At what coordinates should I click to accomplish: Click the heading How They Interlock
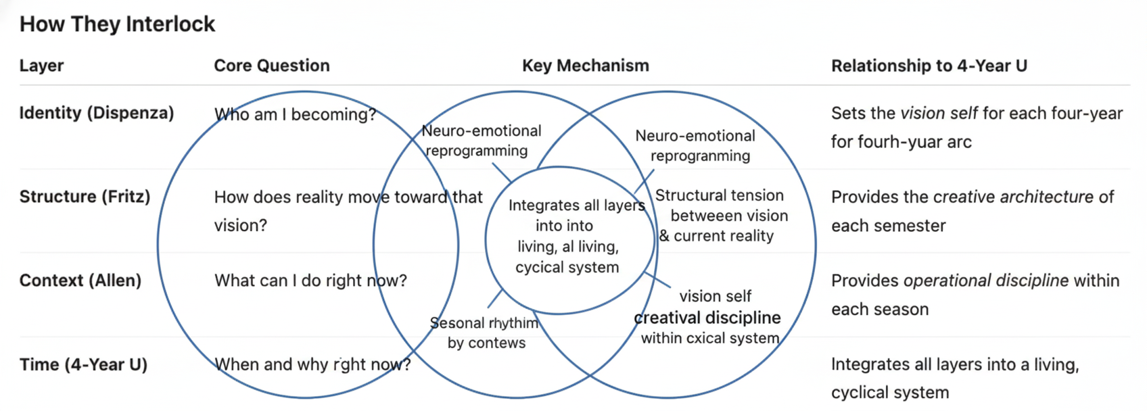point(117,24)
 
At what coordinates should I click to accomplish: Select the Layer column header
point(41,66)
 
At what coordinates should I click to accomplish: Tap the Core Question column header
point(272,66)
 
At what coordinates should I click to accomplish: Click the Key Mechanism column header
point(585,66)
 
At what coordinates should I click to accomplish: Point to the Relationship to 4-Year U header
point(929,66)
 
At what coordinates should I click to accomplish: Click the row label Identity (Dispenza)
point(96,113)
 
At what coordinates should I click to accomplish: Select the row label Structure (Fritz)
point(85,197)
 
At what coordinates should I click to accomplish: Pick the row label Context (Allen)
point(80,281)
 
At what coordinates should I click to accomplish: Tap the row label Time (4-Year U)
point(83,364)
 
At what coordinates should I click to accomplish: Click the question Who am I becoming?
point(295,114)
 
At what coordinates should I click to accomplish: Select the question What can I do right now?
point(310,281)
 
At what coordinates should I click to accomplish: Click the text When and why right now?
point(312,364)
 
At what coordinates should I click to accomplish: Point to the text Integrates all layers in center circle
point(576,205)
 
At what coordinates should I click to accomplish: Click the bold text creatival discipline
point(707,318)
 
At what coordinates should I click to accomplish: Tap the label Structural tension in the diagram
point(719,195)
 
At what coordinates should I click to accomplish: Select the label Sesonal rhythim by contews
point(485,333)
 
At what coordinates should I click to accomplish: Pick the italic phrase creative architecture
point(1013,197)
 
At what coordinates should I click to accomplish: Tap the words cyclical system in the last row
point(889,393)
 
